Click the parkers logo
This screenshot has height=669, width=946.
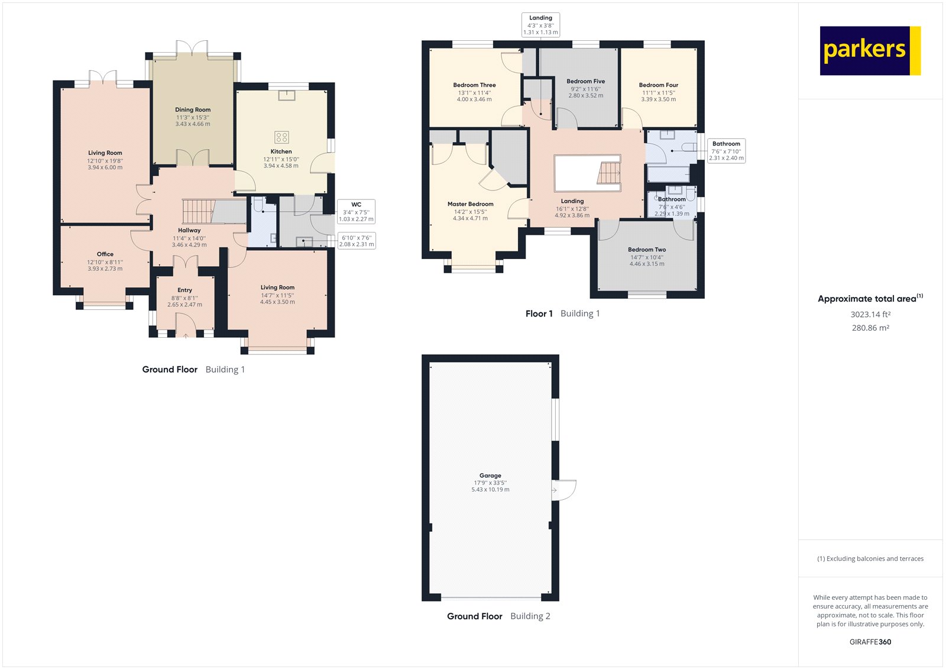[870, 51]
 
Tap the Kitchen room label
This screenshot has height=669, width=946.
[281, 151]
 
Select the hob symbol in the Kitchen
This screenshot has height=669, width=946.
[281, 137]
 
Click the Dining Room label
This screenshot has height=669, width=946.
[193, 109]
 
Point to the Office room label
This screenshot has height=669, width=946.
[105, 254]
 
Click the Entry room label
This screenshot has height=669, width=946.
[184, 290]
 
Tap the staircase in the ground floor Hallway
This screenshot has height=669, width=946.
[199, 211]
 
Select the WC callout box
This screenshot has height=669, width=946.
[357, 211]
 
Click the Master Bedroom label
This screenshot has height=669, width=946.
[471, 203]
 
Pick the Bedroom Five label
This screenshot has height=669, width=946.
[586, 81]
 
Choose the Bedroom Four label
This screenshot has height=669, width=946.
[659, 85]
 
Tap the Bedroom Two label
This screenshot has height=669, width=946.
[647, 250]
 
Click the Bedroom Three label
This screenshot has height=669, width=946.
[474, 85]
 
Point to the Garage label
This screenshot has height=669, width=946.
[490, 476]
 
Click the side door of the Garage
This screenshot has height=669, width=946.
[564, 490]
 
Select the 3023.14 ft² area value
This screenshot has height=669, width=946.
[870, 314]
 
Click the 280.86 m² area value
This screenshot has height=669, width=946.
[870, 328]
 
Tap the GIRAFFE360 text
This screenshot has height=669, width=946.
[870, 642]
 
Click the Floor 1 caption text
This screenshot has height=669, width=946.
[539, 314]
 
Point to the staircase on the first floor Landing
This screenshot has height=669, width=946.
[608, 173]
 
